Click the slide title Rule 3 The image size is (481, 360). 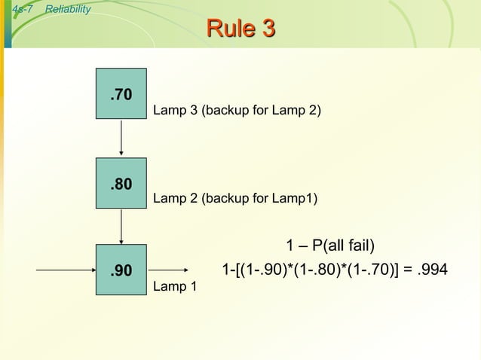tap(240, 29)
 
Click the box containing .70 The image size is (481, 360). tap(121, 94)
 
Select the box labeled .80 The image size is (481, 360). tap(121, 183)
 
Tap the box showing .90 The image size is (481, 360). tap(121, 270)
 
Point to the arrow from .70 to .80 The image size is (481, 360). tap(121, 138)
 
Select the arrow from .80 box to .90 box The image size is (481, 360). tap(121, 226)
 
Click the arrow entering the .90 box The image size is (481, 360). tap(66, 270)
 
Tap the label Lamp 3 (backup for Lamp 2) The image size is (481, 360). tap(237, 111)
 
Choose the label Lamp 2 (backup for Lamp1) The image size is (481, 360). tap(235, 199)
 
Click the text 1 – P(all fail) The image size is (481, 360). tap(330, 246)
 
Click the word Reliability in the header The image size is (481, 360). tap(68, 9)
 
